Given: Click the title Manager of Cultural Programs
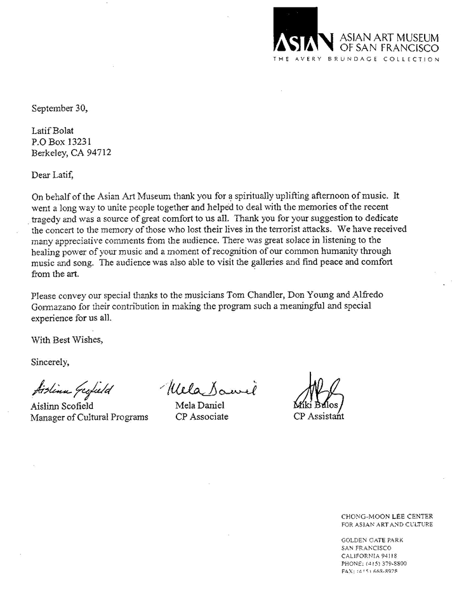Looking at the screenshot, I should click(x=89, y=417).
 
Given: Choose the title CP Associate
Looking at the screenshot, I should click(x=202, y=417).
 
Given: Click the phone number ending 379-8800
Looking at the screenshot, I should click(x=387, y=563).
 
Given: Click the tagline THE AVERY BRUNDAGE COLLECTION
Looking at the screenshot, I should click(x=355, y=59).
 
